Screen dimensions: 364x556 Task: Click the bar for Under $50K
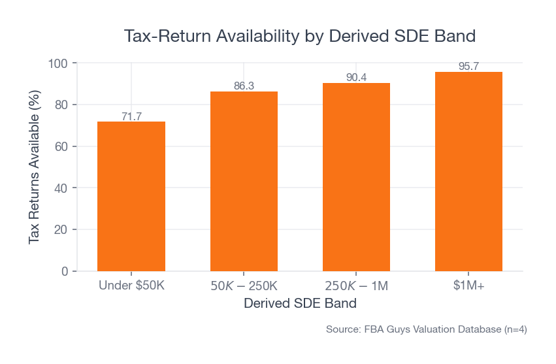tap(131, 196)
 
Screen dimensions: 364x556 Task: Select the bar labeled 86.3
tap(244, 181)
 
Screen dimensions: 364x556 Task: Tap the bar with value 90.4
tap(356, 176)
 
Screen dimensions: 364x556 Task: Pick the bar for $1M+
tap(468, 171)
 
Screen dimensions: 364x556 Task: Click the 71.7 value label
tap(131, 117)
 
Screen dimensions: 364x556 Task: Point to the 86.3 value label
tap(244, 86)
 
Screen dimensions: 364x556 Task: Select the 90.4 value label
tap(356, 78)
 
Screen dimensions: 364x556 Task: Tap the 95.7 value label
tap(468, 67)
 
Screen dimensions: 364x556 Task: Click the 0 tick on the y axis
tap(64, 271)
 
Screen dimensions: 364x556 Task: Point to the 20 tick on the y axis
tap(61, 229)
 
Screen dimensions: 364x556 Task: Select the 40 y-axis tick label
tap(61, 188)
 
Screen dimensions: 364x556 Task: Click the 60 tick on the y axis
tap(61, 146)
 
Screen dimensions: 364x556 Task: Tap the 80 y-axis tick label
tap(61, 105)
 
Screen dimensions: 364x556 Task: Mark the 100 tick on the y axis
tap(58, 63)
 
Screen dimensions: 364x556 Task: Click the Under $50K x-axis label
tap(131, 286)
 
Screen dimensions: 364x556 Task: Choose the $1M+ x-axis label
tap(468, 286)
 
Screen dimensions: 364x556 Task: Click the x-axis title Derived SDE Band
tap(300, 304)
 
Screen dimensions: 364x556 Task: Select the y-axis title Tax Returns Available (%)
tap(35, 167)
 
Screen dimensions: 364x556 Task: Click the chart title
tap(300, 35)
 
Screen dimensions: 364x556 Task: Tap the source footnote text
tap(426, 330)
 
